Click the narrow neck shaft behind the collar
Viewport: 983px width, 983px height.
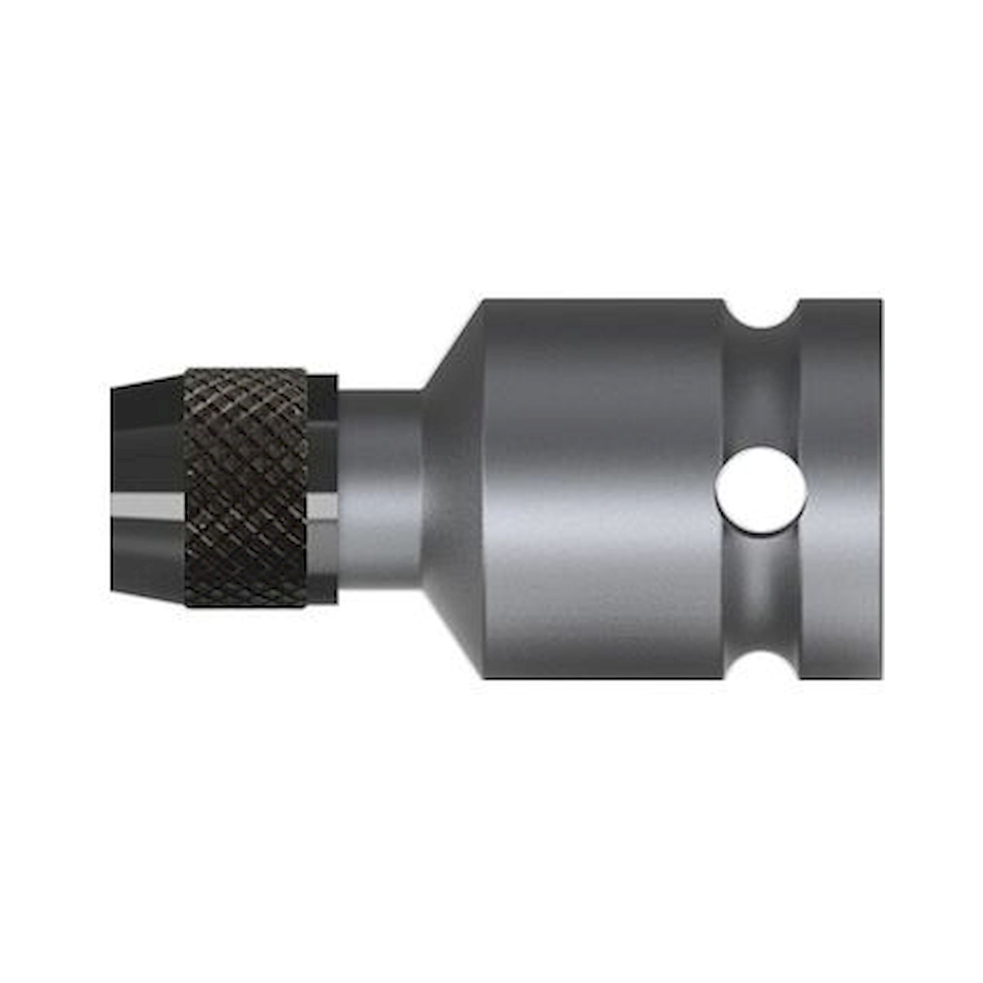coord(379,489)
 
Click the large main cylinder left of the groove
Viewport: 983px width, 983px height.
coord(601,489)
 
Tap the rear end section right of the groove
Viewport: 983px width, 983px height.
coord(839,489)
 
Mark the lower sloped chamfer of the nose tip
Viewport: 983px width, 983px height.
coord(147,596)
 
